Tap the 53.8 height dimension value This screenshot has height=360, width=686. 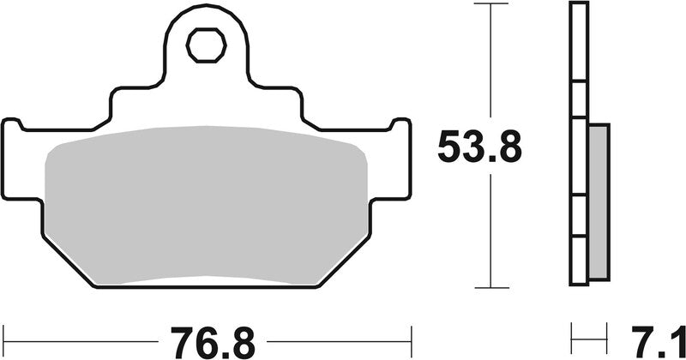tap(479, 147)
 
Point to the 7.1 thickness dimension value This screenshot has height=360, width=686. tap(646, 335)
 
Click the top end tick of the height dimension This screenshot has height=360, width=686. tap(490, 4)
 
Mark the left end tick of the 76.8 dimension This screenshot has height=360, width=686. tap(4, 334)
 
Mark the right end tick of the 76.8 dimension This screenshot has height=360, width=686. tap(412, 334)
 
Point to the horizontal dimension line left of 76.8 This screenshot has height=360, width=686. tap(86, 334)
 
